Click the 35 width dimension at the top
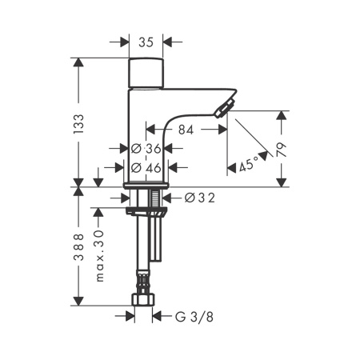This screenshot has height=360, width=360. point(146,42)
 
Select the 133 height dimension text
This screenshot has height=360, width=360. point(78,124)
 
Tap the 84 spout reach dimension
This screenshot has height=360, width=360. point(186,130)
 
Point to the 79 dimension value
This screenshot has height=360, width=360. point(281,150)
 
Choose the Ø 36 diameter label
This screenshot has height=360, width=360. point(146,149)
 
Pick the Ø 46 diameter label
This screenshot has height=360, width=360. point(146,168)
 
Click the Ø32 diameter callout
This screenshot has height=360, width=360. point(200,198)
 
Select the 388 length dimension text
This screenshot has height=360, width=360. point(79,247)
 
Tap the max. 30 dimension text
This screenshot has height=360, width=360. point(99,256)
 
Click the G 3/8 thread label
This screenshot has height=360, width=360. point(194,317)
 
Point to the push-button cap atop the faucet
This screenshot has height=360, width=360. point(146,73)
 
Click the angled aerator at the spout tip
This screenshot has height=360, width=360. point(225,108)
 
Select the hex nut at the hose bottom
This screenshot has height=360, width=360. point(143,300)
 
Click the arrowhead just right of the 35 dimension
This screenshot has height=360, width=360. point(167,42)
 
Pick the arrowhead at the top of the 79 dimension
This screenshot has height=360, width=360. point(282,115)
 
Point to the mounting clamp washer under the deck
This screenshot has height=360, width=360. point(146,210)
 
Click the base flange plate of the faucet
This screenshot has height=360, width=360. point(146,186)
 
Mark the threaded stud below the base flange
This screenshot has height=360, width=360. point(154,198)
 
